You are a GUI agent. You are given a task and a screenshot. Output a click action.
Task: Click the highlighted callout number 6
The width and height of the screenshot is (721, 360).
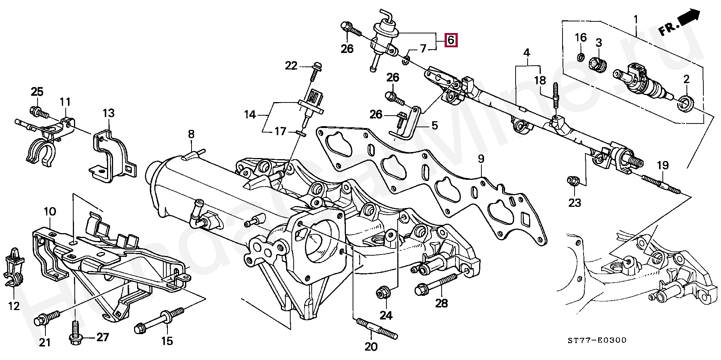tap(451, 40)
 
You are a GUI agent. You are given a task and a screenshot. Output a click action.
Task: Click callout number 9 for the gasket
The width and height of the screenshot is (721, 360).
tap(481, 159)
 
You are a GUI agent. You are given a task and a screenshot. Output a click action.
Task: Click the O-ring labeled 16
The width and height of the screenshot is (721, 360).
tap(580, 57)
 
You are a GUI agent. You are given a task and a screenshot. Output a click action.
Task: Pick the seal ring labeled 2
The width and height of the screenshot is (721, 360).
tap(686, 103)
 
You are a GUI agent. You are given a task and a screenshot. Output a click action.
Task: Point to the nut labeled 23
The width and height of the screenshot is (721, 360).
tap(573, 181)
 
